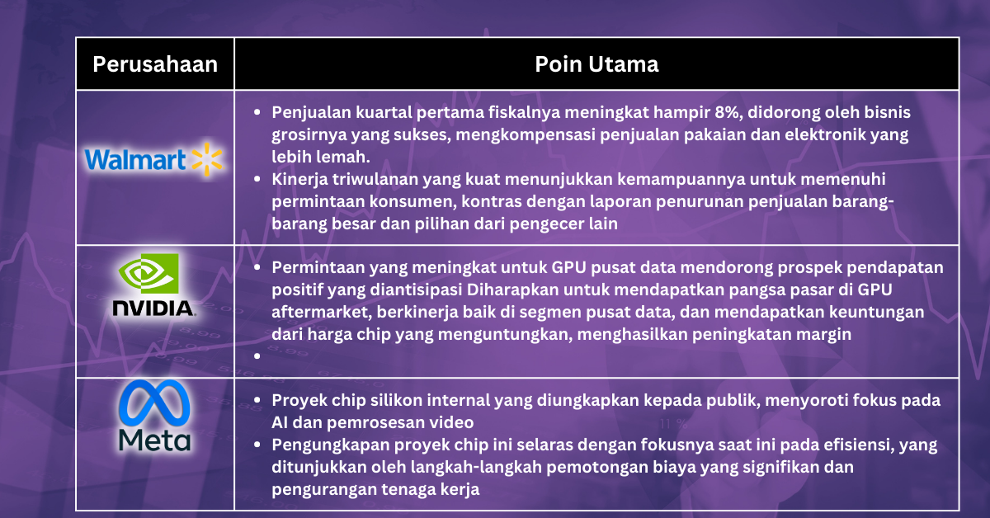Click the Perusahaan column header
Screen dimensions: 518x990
155,64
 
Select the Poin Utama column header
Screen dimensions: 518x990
596,64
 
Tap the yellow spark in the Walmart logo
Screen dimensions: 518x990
208,159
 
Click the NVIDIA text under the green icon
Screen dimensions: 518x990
154,309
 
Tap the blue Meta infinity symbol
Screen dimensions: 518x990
154,405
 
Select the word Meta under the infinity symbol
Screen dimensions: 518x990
154,439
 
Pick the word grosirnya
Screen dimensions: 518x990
309,134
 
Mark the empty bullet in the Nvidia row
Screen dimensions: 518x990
258,358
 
